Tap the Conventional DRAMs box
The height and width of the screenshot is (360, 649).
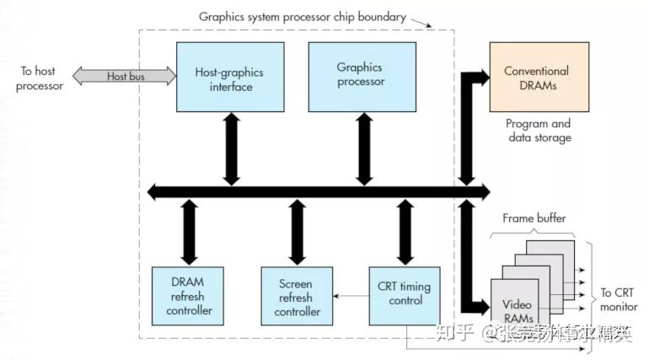(x=536, y=78)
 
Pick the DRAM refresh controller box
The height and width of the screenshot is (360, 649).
(x=188, y=296)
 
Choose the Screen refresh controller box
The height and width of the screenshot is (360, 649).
(x=295, y=296)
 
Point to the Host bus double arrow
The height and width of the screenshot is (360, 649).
(x=125, y=76)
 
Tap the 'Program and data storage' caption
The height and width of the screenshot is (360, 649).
(x=536, y=131)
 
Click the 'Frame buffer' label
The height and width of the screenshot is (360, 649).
(x=534, y=218)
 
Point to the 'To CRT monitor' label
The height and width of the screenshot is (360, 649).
(x=619, y=300)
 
